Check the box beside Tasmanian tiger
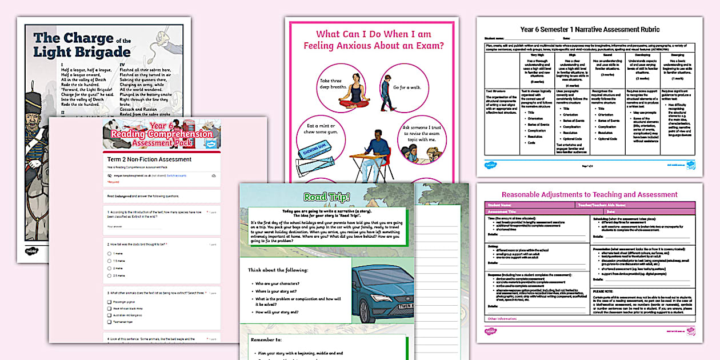click(x=109, y=322)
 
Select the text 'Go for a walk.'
click(x=409, y=87)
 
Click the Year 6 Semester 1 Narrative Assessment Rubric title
click(x=589, y=30)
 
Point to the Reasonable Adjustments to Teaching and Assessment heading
click(x=589, y=194)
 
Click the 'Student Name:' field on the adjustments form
click(x=498, y=205)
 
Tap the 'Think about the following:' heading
click(x=278, y=270)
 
